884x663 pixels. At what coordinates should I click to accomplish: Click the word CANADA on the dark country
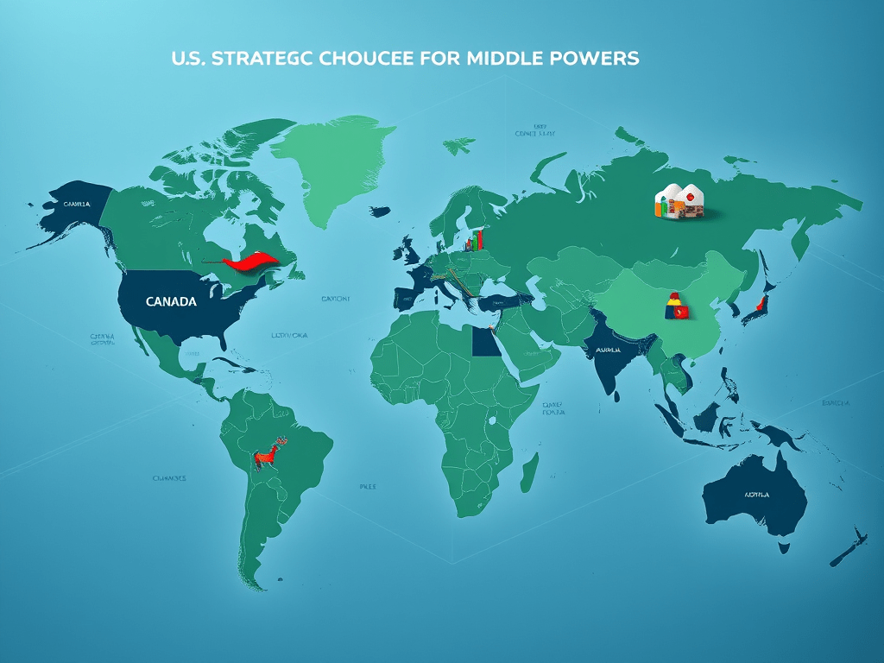[171, 302]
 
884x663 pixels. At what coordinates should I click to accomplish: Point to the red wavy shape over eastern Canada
[250, 262]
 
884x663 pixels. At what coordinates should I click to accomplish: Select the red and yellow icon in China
[676, 306]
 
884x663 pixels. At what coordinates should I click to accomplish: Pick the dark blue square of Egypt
[485, 343]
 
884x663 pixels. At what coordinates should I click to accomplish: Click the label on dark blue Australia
[756, 496]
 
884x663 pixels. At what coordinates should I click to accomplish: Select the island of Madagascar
[529, 474]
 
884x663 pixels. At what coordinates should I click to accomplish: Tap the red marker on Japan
[761, 304]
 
